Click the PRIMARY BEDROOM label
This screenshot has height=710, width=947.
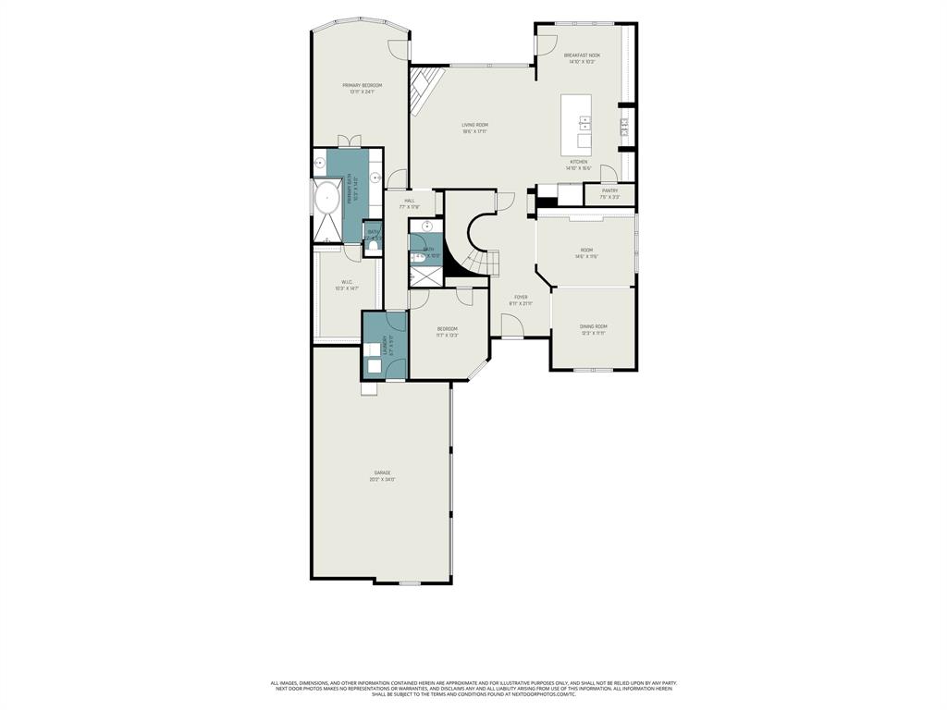[361, 85]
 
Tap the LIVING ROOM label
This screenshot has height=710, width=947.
[475, 125]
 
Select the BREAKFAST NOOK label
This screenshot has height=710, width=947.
[582, 55]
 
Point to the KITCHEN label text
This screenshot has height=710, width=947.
[578, 162]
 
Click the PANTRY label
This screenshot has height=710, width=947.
[609, 190]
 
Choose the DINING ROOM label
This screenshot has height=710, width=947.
[593, 326]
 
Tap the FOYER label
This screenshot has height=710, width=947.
[521, 298]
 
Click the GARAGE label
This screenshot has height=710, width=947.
[382, 472]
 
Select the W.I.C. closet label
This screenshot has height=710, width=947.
[347, 283]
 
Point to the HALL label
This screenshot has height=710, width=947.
[409, 201]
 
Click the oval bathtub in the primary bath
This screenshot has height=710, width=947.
[326, 197]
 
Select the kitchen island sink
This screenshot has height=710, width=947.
[585, 121]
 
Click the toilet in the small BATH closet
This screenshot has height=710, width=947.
[374, 246]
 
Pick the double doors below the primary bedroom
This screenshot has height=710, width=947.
[350, 141]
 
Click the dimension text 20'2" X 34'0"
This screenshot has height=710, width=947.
[382, 480]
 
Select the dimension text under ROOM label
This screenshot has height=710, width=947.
[586, 257]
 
